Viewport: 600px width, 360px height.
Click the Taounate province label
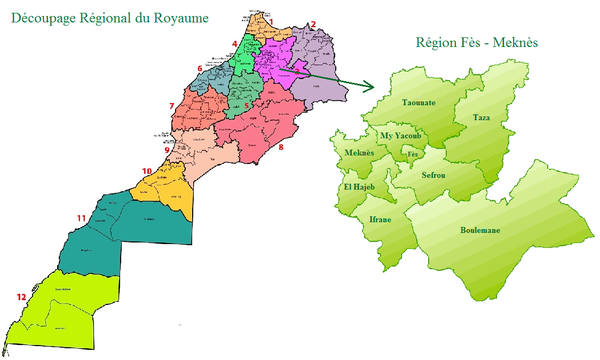tap(419, 103)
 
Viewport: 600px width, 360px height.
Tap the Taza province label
tap(481, 118)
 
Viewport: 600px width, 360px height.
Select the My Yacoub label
tap(400, 136)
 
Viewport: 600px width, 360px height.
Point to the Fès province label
tap(413, 154)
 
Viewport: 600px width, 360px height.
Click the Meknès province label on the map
tap(359, 153)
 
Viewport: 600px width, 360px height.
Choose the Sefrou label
tap(433, 175)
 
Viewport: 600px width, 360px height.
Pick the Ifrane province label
tap(380, 219)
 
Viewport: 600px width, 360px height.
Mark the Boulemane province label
tap(480, 230)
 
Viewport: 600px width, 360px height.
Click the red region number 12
tap(21, 297)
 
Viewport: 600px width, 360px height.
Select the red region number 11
tap(81, 218)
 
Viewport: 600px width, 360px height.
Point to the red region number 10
tap(147, 171)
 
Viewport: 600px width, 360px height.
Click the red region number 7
tap(171, 106)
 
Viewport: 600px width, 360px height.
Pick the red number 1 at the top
tap(271, 22)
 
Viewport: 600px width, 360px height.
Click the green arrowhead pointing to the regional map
tap(368, 85)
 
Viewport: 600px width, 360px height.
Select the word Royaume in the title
tap(181, 18)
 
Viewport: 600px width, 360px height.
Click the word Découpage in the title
tap(42, 18)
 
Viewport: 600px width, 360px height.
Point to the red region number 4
tap(234, 44)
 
